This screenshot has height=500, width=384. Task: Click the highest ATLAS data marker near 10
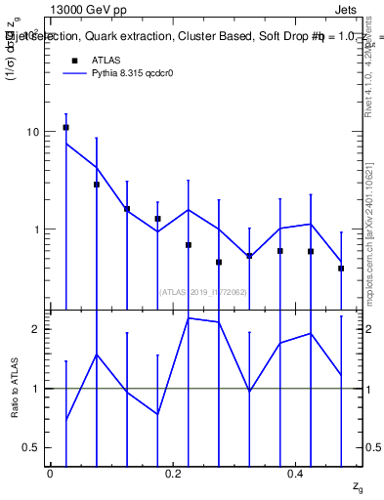(65, 127)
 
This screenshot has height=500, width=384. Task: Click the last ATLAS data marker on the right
(341, 268)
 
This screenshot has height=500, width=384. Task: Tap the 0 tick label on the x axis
(50, 474)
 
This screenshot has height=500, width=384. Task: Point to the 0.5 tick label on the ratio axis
(31, 447)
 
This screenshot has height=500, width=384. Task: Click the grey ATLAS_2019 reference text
(202, 291)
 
